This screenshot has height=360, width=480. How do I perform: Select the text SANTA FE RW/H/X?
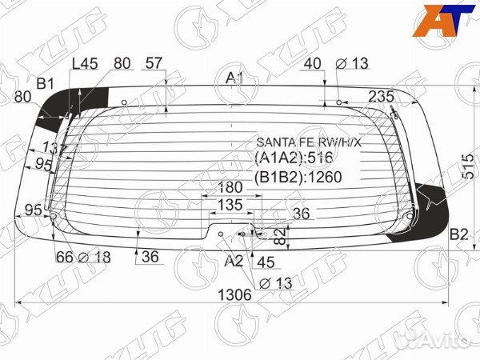[x=308, y=142]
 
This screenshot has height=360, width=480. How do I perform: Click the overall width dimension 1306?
[x=234, y=294]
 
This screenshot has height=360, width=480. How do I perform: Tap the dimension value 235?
[x=381, y=96]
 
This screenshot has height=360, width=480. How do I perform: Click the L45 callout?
[x=84, y=63]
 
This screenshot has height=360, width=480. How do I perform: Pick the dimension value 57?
[x=154, y=63]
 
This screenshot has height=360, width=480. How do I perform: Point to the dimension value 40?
[x=313, y=63]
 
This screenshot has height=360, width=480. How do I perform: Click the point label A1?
[x=234, y=78]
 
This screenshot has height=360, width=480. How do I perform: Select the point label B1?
[x=45, y=82]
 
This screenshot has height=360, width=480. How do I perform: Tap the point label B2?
[x=458, y=234]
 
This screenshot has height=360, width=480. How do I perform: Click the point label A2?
[x=233, y=261]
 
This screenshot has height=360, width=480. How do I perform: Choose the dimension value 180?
[x=230, y=187]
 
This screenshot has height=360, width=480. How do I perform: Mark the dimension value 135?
[x=229, y=206]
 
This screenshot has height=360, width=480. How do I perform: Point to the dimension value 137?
[x=54, y=148]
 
